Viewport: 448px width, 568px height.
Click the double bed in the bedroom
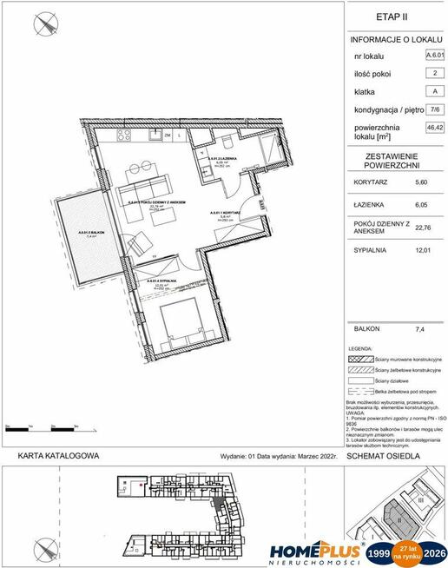tap(185, 325)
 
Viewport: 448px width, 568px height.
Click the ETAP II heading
tap(392, 17)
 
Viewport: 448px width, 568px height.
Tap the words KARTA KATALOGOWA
tap(59, 455)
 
